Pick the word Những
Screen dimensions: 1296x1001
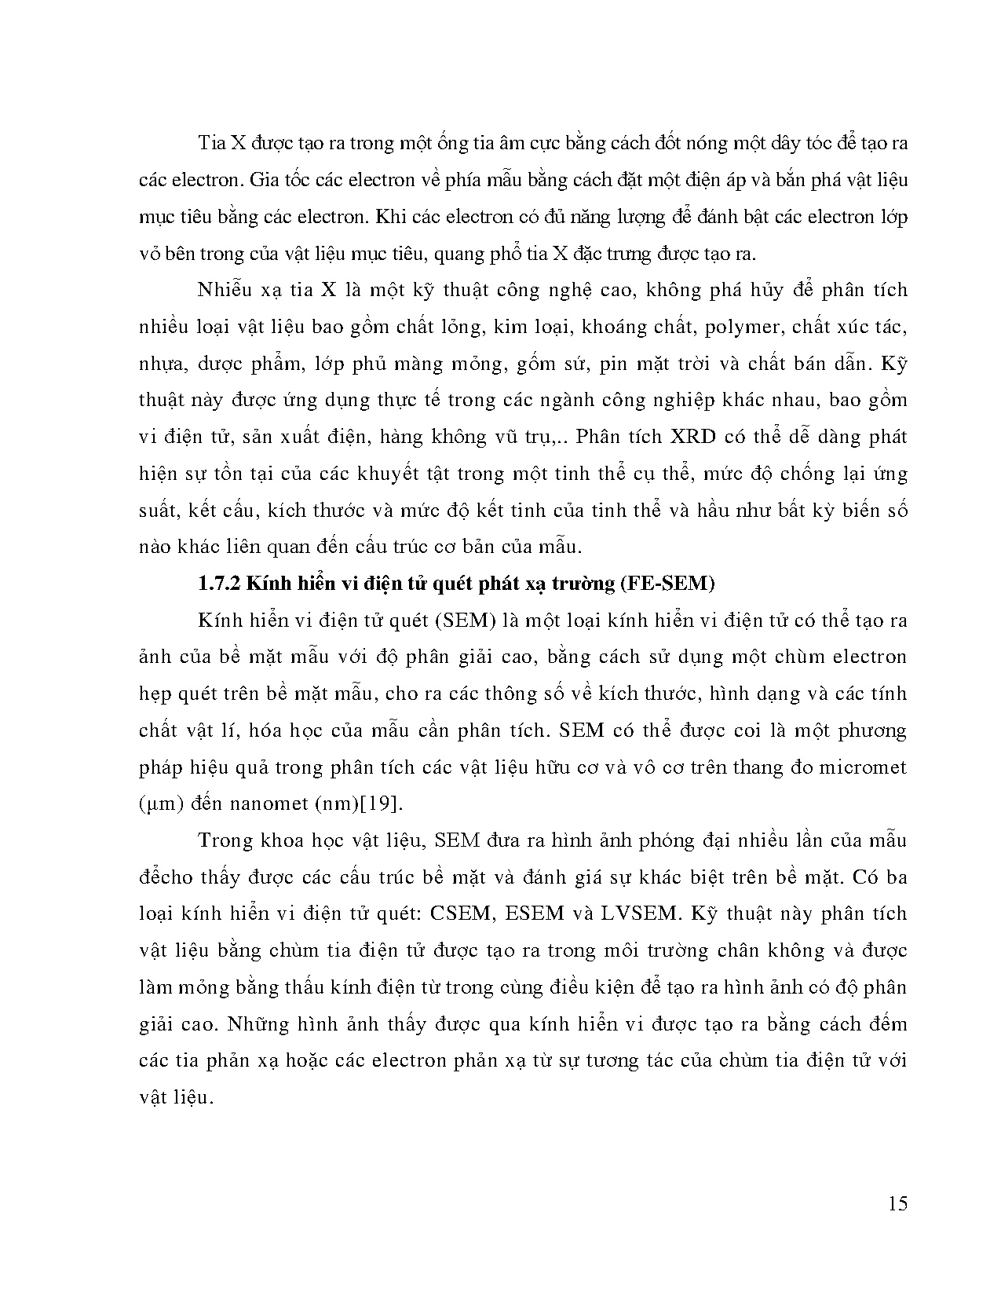point(219,1024)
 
